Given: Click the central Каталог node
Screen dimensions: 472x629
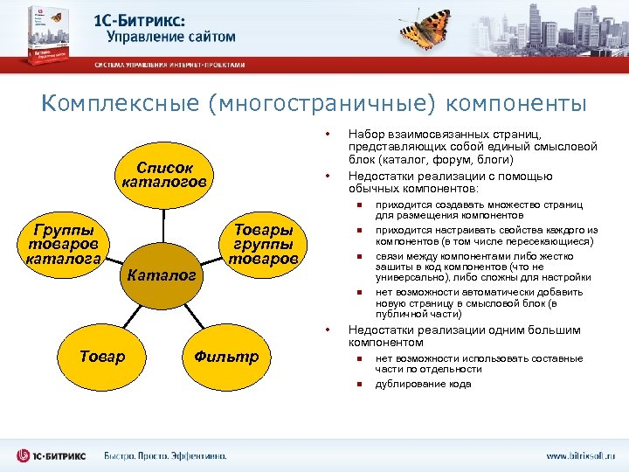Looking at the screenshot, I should [161, 274].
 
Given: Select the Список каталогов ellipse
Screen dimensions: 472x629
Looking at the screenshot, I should [163, 174].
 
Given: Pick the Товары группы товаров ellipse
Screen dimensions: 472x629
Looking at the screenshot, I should [263, 244].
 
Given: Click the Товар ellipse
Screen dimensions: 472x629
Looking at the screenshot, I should [103, 356].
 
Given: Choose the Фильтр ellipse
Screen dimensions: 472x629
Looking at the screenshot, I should [226, 356].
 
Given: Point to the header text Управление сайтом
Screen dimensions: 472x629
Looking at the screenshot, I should [171, 37].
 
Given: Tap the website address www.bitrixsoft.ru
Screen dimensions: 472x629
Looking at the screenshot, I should [580, 456].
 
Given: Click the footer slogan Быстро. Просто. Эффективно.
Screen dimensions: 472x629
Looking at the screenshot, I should [166, 456].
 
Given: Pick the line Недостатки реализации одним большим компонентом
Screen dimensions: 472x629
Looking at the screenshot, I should [463, 336].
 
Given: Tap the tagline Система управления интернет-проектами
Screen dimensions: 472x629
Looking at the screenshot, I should [170, 65].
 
